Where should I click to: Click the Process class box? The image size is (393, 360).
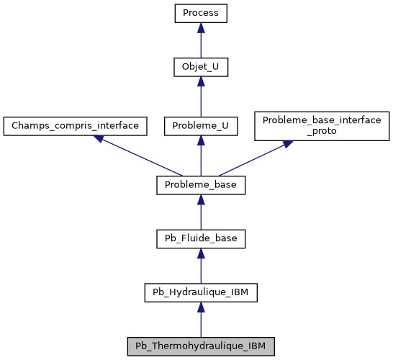click(x=201, y=14)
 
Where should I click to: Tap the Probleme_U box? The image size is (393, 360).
click(x=201, y=126)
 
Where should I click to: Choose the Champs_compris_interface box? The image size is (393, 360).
click(x=76, y=126)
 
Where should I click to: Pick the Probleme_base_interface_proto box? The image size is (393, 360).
click(x=322, y=126)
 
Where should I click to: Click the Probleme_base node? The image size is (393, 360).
click(x=201, y=185)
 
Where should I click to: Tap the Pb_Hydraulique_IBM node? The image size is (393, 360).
click(x=201, y=292)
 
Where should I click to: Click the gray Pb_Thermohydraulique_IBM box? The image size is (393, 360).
click(x=201, y=346)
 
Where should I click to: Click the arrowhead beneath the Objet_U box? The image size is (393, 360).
click(x=201, y=82)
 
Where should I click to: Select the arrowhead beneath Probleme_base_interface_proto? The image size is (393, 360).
click(x=288, y=143)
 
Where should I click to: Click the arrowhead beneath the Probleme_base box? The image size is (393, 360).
click(x=201, y=199)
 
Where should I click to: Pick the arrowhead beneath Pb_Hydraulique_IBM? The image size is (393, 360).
click(x=201, y=307)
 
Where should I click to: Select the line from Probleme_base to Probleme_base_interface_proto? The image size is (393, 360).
click(x=252, y=160)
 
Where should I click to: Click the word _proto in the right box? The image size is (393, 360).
click(x=322, y=132)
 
